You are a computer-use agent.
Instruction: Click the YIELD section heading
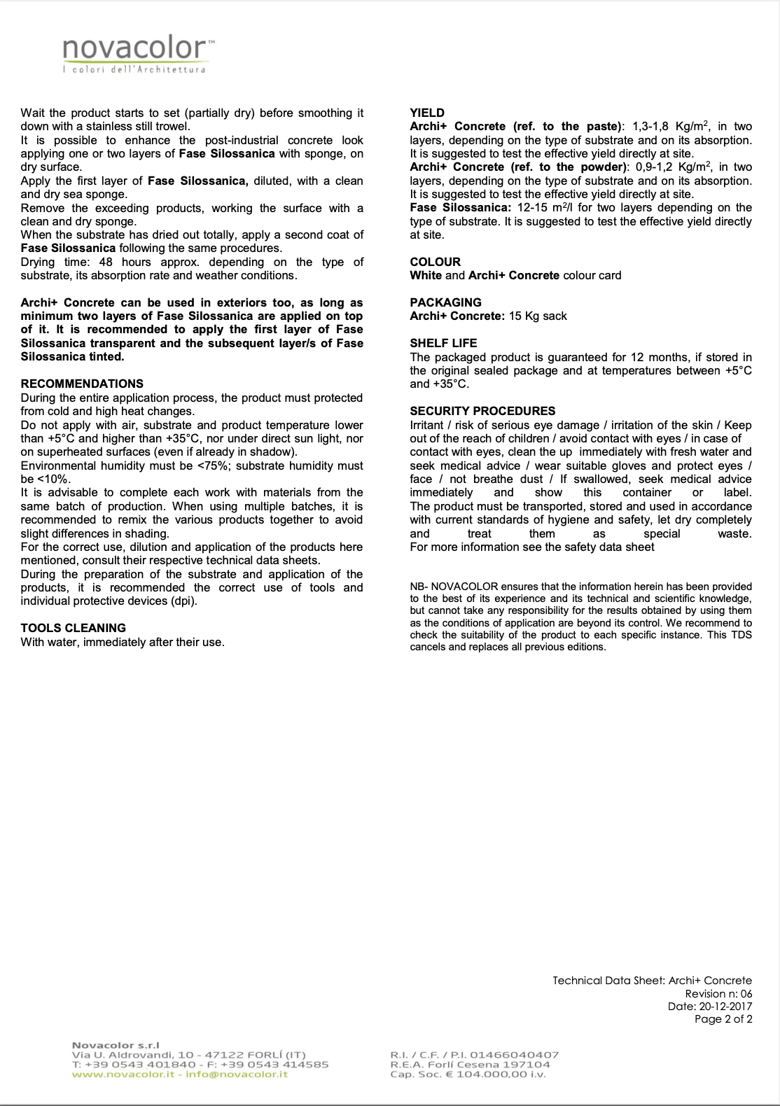(427, 113)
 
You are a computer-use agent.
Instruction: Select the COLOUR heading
(435, 262)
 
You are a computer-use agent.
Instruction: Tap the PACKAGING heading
(445, 302)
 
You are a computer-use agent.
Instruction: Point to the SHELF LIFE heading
(443, 343)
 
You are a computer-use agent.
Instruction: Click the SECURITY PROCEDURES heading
(482, 411)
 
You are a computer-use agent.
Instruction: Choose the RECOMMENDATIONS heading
(82, 384)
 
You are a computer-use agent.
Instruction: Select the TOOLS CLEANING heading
(74, 628)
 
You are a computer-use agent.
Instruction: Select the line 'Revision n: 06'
(718, 993)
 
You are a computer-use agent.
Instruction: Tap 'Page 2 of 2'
(723, 1019)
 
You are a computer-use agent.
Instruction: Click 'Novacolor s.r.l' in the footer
(116, 1045)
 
